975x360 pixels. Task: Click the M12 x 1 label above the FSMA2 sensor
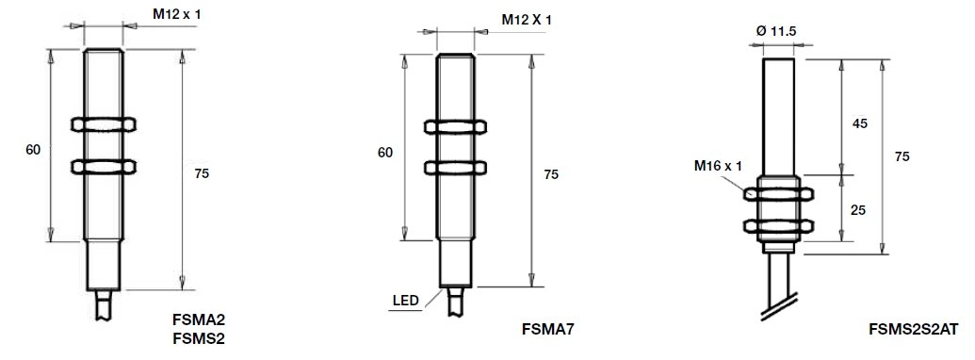[x=176, y=14]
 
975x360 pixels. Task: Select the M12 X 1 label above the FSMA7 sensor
[x=527, y=20]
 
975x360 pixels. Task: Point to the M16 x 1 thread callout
[x=718, y=166]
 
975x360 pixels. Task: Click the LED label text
[x=405, y=302]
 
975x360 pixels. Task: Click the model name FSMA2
[x=199, y=320]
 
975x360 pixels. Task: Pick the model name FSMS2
[x=199, y=339]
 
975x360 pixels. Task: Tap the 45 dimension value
[x=859, y=123]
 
